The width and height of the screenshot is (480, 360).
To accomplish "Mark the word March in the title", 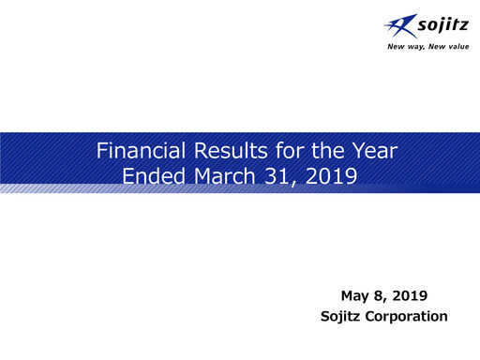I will (x=217, y=175).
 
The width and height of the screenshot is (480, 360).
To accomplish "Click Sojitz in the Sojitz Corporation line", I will (x=340, y=317).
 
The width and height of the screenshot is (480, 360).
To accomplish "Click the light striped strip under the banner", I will (x=56, y=189).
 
